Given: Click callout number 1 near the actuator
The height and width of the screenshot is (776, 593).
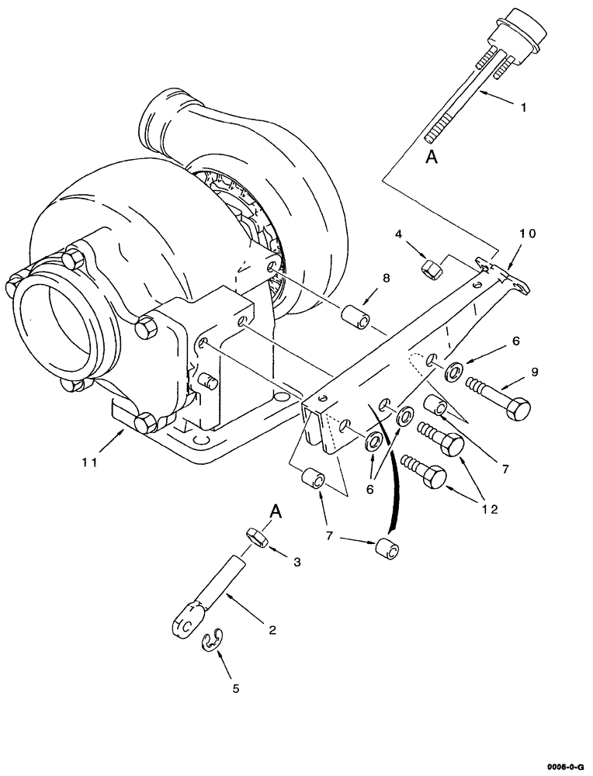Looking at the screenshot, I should click(522, 108).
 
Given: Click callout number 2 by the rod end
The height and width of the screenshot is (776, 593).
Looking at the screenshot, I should click(272, 630).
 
